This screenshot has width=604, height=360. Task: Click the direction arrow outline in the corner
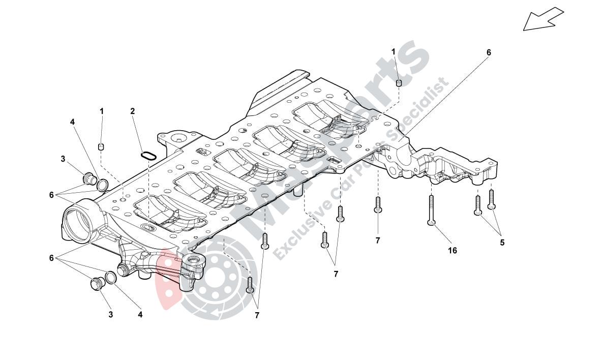[x=542, y=19]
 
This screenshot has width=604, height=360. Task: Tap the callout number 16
[x=452, y=251]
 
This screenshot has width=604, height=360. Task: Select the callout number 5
[x=502, y=243]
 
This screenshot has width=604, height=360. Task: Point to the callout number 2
[x=132, y=111]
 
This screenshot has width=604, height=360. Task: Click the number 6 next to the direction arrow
[x=489, y=52]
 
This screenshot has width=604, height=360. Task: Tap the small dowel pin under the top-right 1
[x=399, y=83]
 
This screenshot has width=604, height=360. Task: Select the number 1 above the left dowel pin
[x=101, y=111]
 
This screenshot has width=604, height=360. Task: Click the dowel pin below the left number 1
[x=101, y=147]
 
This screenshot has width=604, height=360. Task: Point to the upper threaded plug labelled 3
[x=89, y=178]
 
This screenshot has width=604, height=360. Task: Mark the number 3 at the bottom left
[x=110, y=315]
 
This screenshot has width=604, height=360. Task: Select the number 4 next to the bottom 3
[x=140, y=315]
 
